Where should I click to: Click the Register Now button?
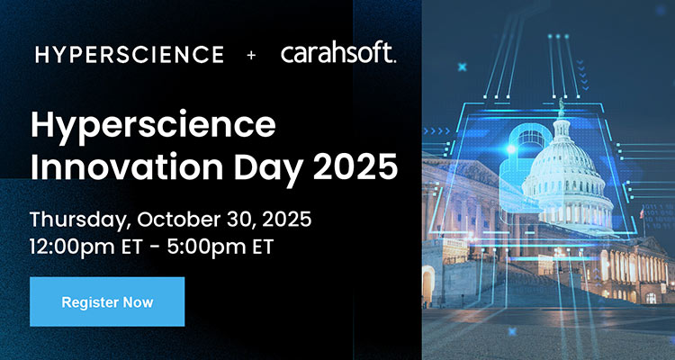pos(107,301)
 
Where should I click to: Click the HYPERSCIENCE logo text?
pos(130,55)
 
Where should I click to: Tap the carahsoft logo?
pos(337,54)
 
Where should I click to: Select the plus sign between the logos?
pos(251,55)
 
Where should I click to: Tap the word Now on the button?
pos(139,301)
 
